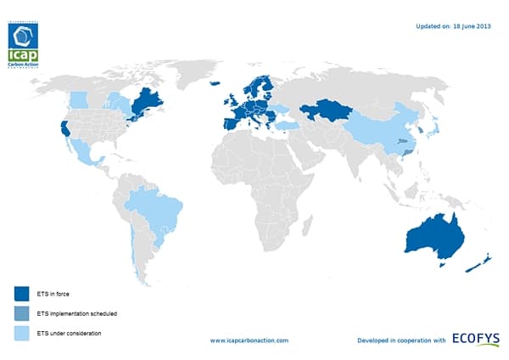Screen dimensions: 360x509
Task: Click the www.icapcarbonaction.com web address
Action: [249, 340]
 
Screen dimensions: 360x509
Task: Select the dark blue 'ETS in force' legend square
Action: [20, 294]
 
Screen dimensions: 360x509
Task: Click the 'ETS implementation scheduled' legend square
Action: [20, 313]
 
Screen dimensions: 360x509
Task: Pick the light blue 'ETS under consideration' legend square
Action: [20, 333]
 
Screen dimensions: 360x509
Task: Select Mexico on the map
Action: [86, 153]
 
